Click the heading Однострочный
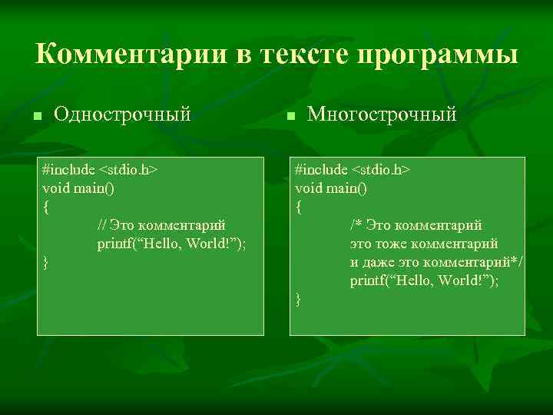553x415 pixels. pyautogui.click(x=122, y=115)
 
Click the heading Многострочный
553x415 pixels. pyautogui.click(x=382, y=115)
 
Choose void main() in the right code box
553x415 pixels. pyautogui.click(x=331, y=188)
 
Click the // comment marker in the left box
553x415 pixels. pyautogui.click(x=101, y=225)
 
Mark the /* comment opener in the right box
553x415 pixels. pyautogui.click(x=356, y=225)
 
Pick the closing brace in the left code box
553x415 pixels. pyautogui.click(x=46, y=264)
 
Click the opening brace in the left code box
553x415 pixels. pyautogui.click(x=46, y=207)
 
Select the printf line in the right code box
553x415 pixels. pyautogui.click(x=425, y=281)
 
